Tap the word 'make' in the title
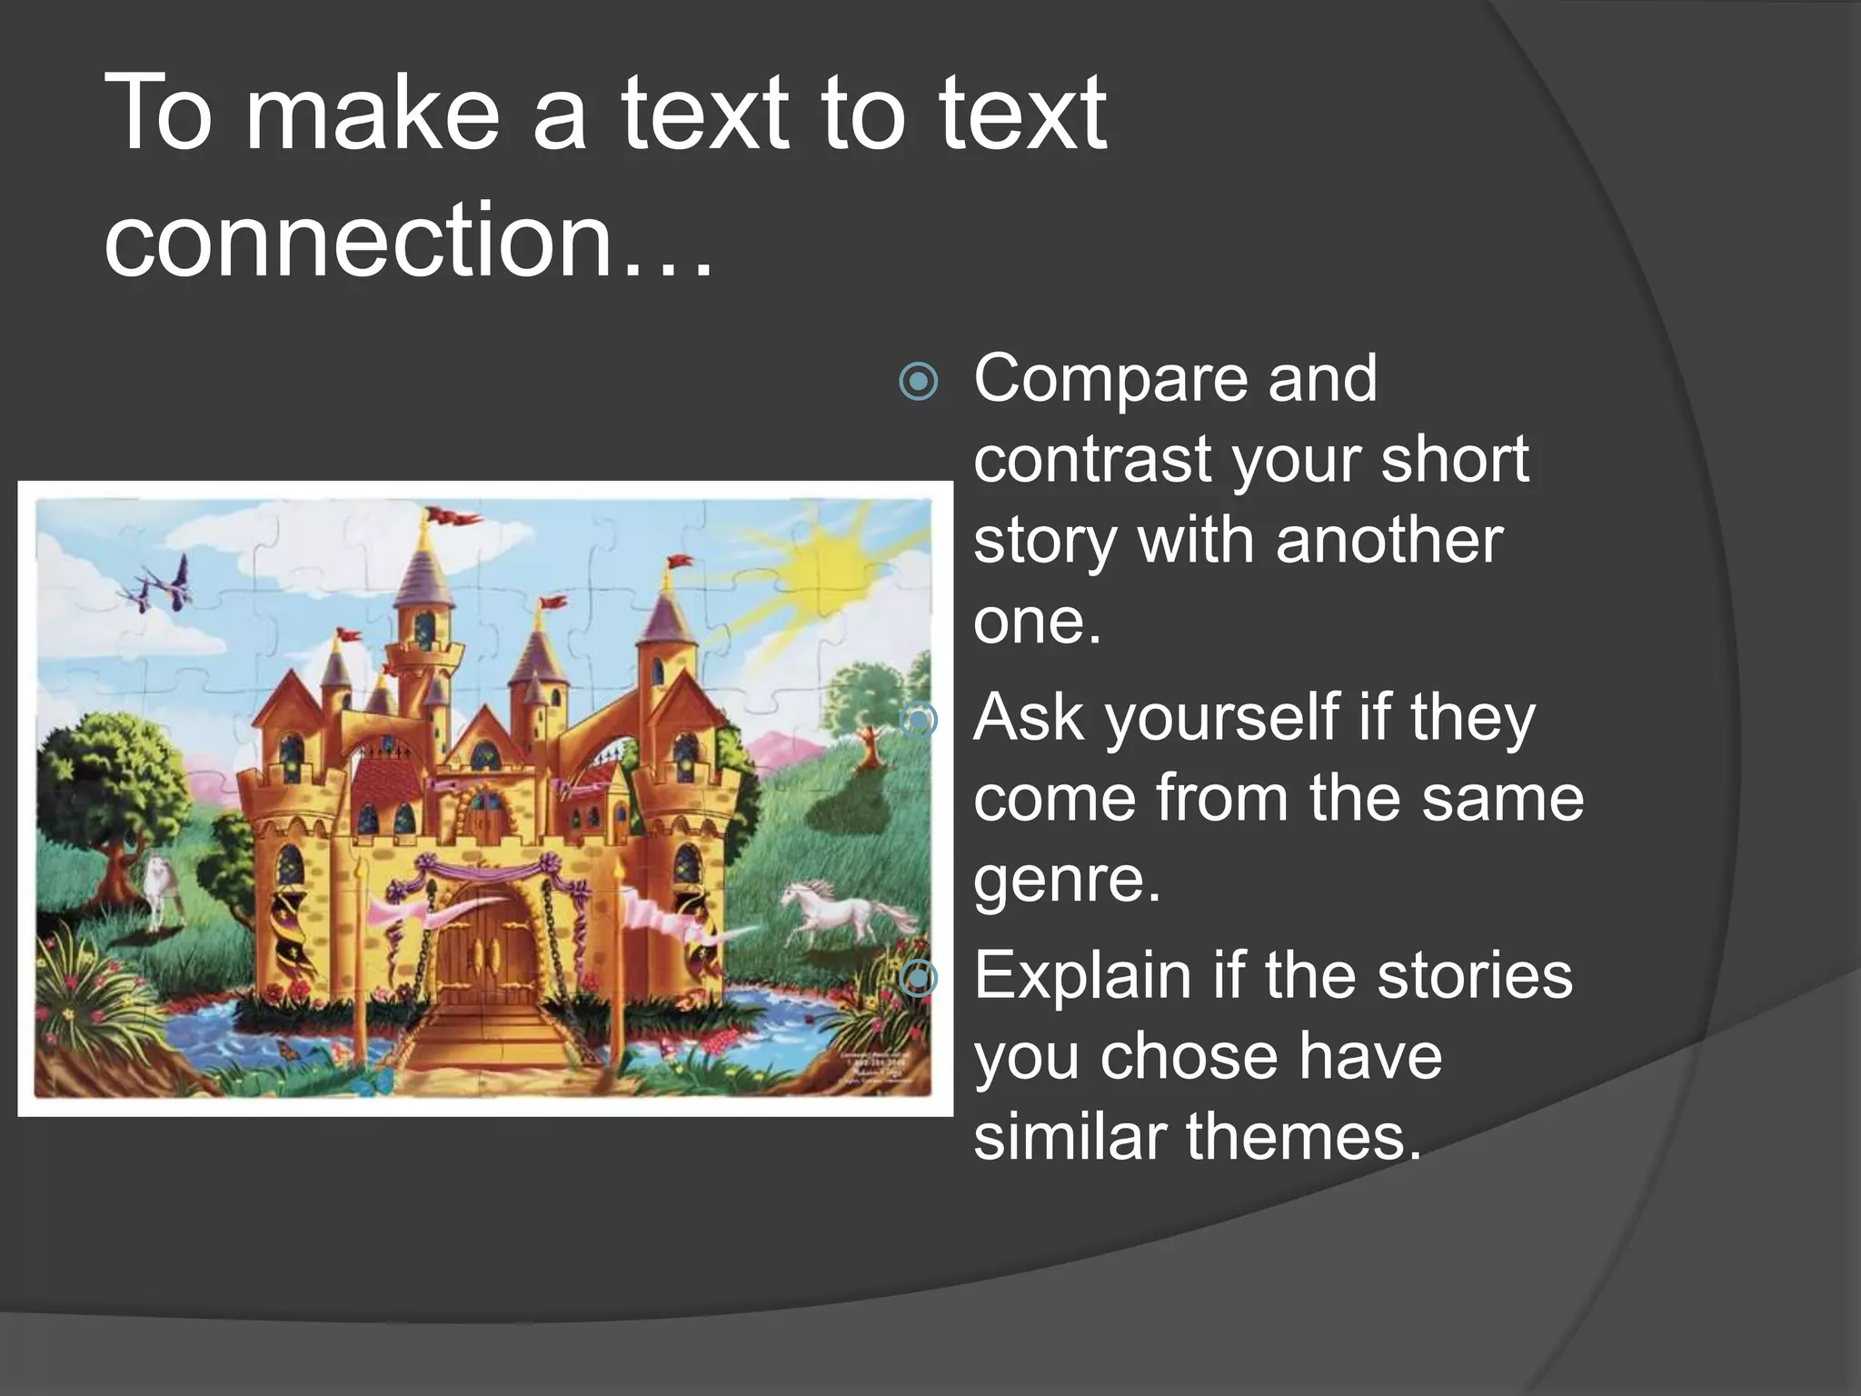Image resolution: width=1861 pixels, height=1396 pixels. [x=373, y=115]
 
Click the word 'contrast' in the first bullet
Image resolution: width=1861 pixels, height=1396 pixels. [x=1092, y=459]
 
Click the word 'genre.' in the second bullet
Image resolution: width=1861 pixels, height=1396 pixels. [x=1067, y=879]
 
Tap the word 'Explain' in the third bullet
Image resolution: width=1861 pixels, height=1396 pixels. [x=1081, y=975]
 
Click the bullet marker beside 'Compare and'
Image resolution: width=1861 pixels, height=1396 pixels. [x=918, y=382]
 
